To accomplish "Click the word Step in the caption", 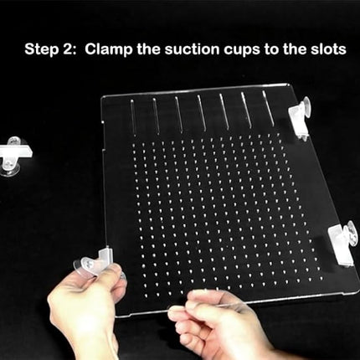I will tap(44, 49).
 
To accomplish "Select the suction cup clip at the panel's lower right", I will tap(342, 242).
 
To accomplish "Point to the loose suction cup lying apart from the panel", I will tap(13, 156).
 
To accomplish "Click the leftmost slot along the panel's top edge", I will tap(132, 117).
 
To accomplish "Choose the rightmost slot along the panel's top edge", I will tap(268, 109).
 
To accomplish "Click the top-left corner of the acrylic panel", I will tap(103, 97).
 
